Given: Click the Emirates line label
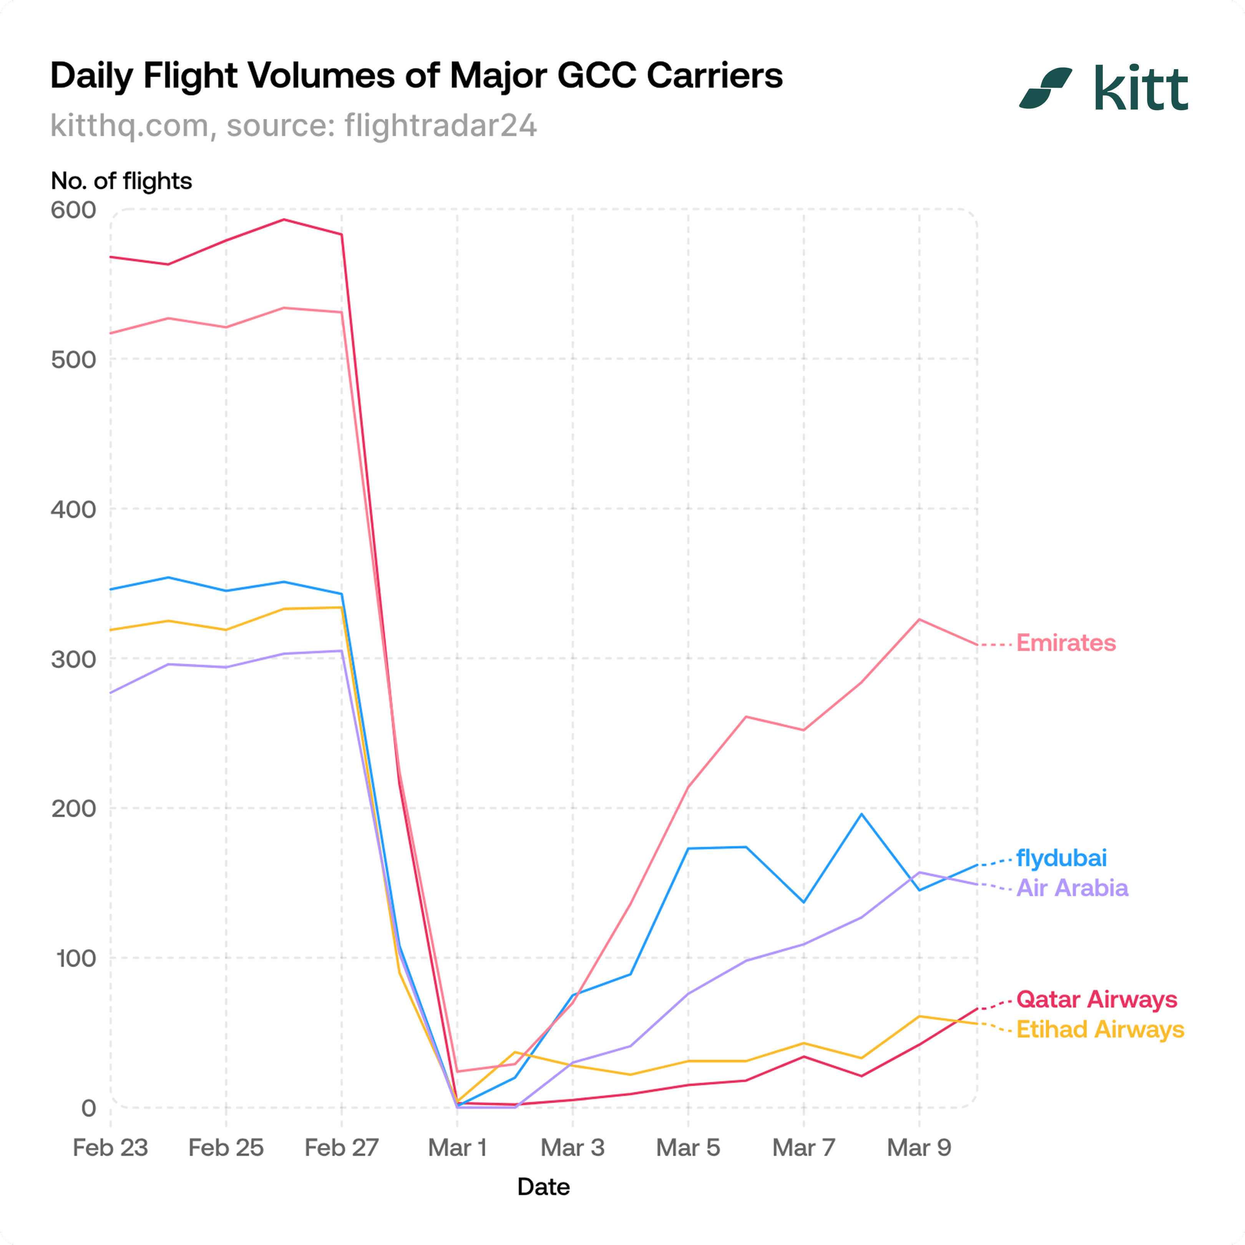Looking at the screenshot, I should click(x=1066, y=643).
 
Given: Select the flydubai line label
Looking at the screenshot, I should click(x=1061, y=858).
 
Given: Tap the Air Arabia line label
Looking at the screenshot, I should click(x=1072, y=888).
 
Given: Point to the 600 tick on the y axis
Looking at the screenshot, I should click(x=73, y=210).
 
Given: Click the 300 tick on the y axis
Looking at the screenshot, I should click(x=73, y=659).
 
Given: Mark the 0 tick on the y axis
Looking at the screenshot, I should click(x=88, y=1108).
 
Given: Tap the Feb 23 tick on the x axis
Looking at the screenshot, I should click(x=110, y=1148).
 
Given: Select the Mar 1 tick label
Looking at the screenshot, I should click(x=458, y=1148).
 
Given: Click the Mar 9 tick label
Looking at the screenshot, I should click(x=919, y=1148).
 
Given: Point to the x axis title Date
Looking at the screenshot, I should click(x=543, y=1187).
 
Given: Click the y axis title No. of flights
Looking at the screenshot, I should click(x=121, y=181).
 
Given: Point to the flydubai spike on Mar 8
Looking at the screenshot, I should click(x=862, y=814).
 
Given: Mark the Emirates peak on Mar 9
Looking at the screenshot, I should click(x=919, y=619).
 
